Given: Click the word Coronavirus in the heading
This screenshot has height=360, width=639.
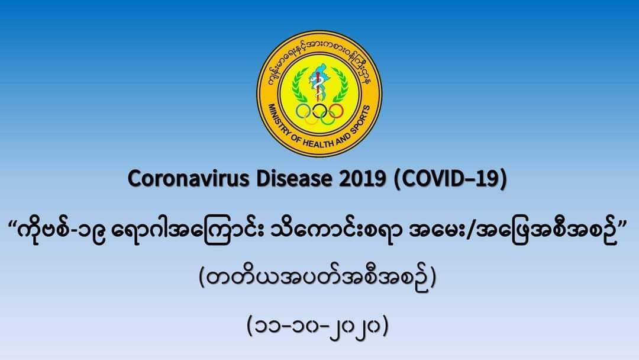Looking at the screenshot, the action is coord(188,179).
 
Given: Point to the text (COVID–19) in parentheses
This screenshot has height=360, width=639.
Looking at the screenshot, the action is coord(450,179).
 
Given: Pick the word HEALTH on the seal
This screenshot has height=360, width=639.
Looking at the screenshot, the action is coord(320,143).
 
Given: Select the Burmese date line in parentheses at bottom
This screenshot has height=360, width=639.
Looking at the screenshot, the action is coord(318,326).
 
